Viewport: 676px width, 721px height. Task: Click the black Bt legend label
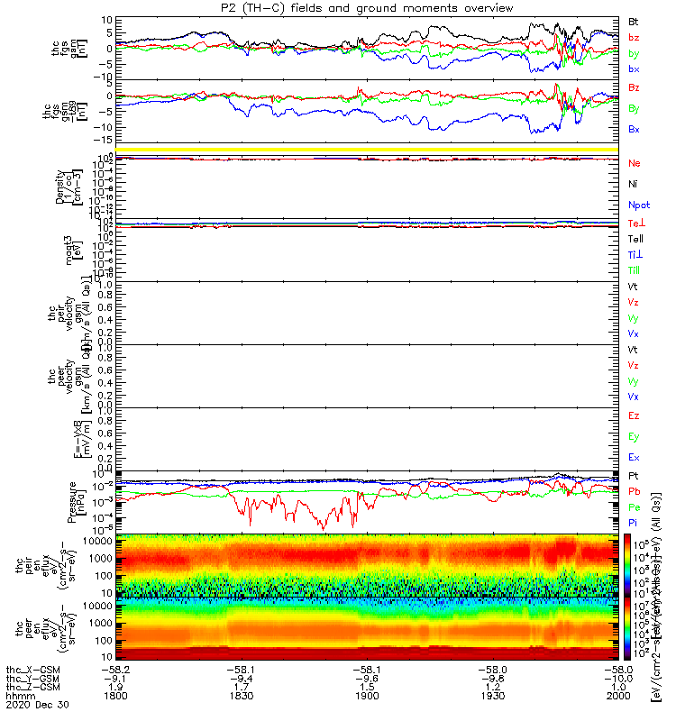tap(634, 20)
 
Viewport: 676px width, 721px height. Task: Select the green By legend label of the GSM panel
tap(634, 109)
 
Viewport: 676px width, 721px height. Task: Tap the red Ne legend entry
tap(634, 163)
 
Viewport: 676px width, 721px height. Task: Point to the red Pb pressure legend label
tap(634, 492)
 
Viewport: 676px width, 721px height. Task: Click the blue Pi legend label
tap(634, 523)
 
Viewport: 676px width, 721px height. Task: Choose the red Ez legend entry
tap(634, 415)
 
